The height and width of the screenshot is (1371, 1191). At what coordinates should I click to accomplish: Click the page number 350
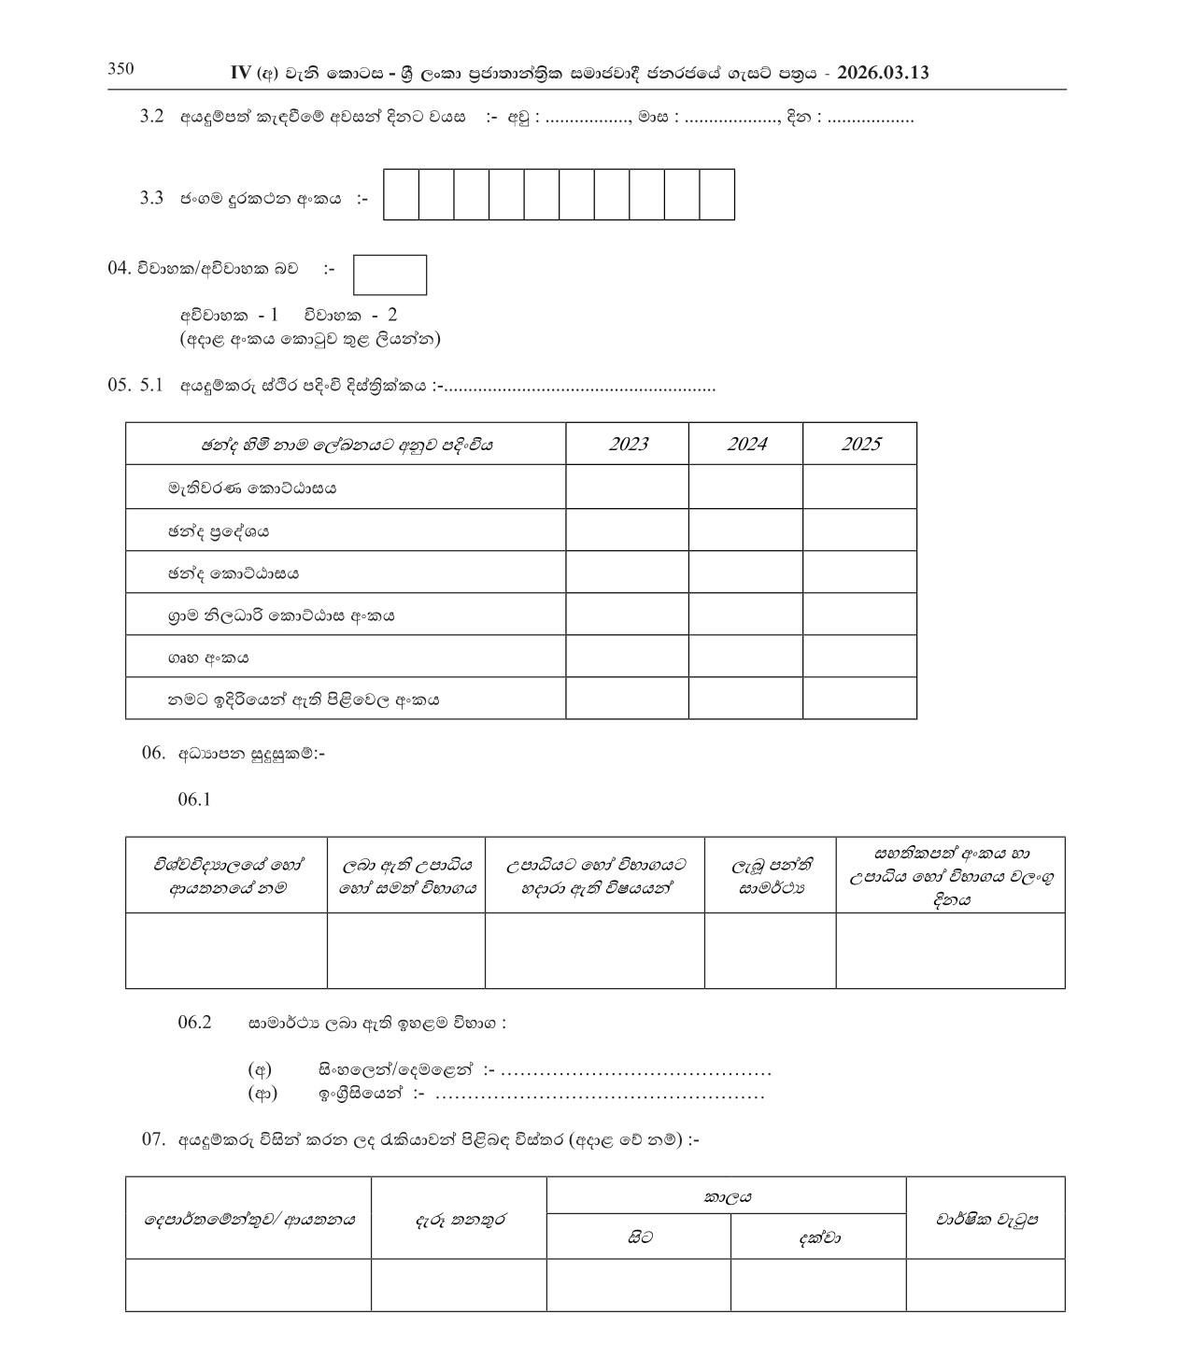(x=121, y=68)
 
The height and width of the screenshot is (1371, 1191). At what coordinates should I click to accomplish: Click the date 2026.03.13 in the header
(x=883, y=73)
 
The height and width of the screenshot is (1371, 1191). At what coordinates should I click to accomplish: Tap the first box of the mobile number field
(x=401, y=194)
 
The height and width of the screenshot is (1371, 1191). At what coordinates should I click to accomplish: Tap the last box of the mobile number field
(x=716, y=194)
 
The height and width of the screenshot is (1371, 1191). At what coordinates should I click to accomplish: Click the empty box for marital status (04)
(x=390, y=275)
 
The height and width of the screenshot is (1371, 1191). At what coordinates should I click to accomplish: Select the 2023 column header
(x=628, y=444)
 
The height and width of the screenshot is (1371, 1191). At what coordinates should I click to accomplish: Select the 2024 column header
(x=746, y=444)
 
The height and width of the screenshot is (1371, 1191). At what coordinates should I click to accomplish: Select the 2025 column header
(x=859, y=444)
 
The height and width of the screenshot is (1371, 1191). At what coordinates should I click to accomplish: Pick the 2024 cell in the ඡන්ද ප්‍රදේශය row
(x=746, y=530)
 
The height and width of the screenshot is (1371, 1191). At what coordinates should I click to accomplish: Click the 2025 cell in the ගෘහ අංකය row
(x=859, y=656)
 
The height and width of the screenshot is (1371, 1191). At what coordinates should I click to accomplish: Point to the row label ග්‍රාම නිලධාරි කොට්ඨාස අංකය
(x=281, y=615)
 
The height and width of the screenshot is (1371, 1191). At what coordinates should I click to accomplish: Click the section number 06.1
(x=194, y=799)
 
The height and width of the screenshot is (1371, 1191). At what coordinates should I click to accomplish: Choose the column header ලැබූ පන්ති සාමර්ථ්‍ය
(x=771, y=876)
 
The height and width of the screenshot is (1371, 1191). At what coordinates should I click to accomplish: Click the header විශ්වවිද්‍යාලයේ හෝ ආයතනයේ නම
(x=227, y=876)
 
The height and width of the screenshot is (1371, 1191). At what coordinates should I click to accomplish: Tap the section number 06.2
(x=194, y=1022)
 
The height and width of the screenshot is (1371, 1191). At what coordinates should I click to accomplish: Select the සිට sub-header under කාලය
(x=639, y=1237)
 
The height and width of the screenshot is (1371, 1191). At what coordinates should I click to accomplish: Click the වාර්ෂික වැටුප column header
(x=985, y=1219)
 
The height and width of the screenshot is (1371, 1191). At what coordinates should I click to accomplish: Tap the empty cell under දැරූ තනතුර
(x=459, y=1285)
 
